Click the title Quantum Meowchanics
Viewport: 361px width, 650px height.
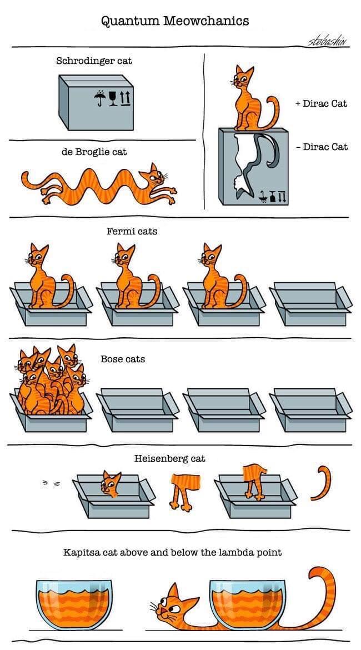tap(175, 21)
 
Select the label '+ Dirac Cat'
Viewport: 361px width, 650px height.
tap(322, 103)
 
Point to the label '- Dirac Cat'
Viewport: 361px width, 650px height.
tap(322, 147)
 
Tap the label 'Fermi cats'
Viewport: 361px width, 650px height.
tap(132, 231)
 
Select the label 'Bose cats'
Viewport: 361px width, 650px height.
tap(123, 359)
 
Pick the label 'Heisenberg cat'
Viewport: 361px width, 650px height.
tap(169, 458)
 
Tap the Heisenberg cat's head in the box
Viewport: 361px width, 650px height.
tap(111, 484)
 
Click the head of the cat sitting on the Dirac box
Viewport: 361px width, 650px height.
tap(242, 79)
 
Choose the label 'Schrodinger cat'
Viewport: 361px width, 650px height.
tap(94, 61)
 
